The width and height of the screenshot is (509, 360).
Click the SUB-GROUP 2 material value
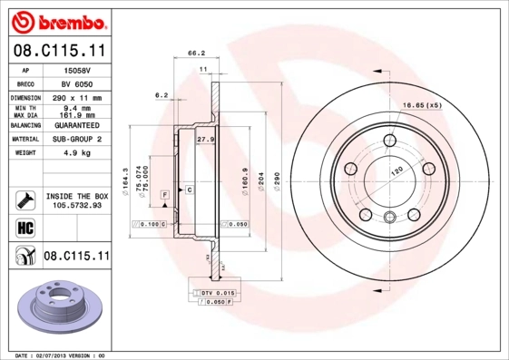click(x=73, y=140)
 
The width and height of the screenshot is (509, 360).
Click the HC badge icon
click(x=22, y=227)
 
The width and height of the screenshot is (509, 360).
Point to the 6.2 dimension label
click(x=162, y=94)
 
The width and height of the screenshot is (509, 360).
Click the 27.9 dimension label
click(x=205, y=140)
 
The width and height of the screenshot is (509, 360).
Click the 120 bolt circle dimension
click(x=396, y=170)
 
